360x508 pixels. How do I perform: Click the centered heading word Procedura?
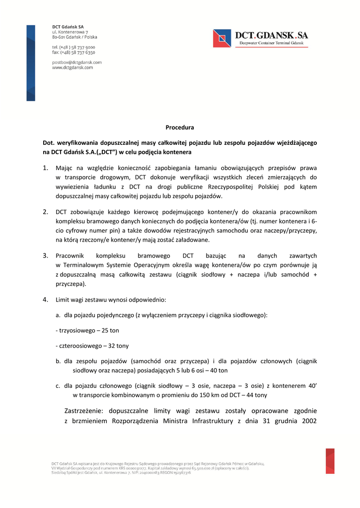click(180, 127)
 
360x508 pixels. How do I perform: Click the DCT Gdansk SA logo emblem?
click(222, 38)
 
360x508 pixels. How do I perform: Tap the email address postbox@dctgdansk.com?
click(77, 62)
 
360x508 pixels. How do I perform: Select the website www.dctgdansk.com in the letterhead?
click(72, 67)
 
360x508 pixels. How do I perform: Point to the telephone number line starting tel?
click(73, 47)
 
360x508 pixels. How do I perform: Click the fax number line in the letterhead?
click(73, 52)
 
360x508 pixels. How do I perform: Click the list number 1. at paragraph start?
click(45, 168)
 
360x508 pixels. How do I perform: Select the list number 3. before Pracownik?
click(45, 255)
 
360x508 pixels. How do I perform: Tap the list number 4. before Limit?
click(45, 299)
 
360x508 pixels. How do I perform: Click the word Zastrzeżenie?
click(84, 411)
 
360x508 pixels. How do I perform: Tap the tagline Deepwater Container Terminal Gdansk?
click(271, 44)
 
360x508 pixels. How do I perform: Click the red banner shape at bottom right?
click(330, 461)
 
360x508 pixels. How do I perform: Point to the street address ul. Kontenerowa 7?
click(70, 32)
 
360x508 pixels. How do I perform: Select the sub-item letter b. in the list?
click(58, 361)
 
